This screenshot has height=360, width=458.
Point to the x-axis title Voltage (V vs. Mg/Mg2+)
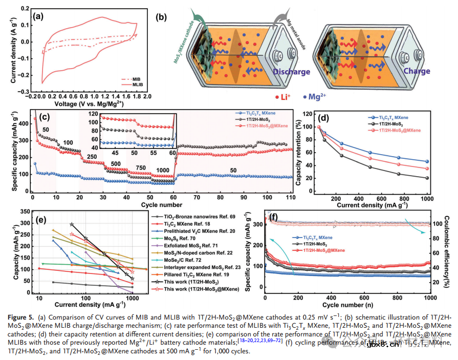[x=89, y=104]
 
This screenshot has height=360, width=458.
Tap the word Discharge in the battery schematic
[x=291, y=72]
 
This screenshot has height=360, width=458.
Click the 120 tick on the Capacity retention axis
[x=307, y=113]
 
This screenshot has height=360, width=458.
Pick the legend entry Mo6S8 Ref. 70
[x=177, y=239]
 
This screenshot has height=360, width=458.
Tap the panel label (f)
[x=272, y=217]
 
